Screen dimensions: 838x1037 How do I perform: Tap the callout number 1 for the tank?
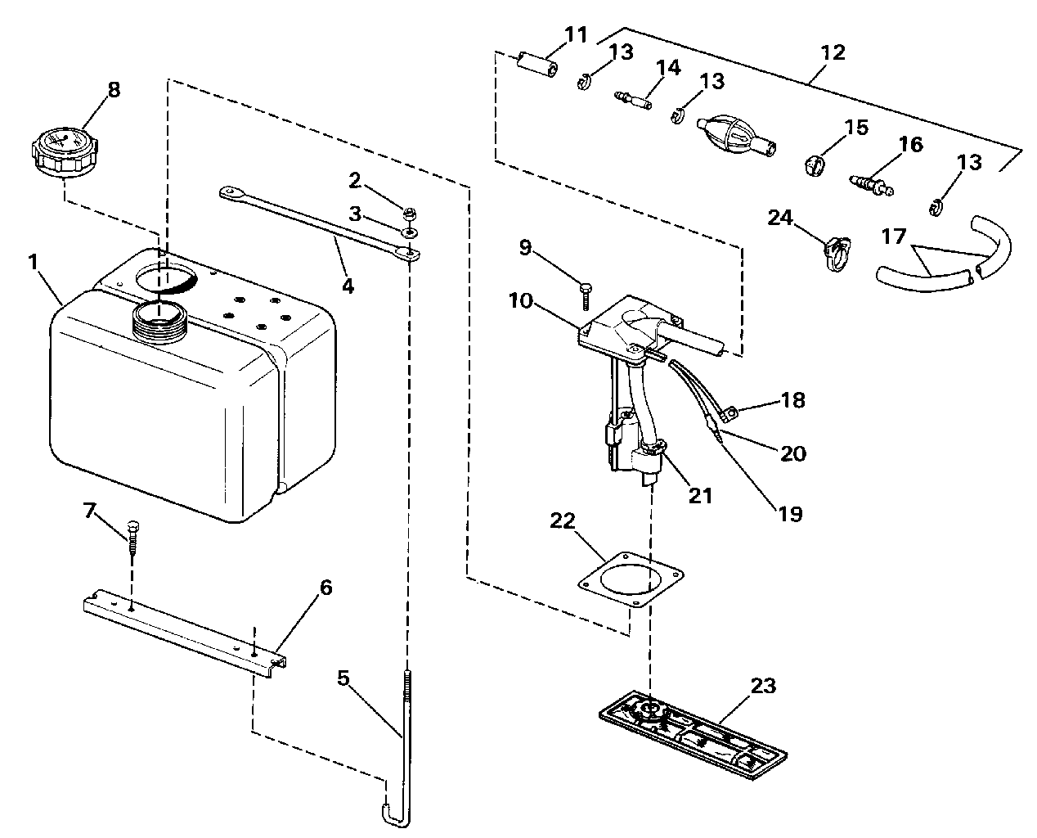point(33,264)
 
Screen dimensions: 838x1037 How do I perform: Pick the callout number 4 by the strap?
point(348,286)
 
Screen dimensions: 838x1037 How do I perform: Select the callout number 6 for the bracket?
point(325,588)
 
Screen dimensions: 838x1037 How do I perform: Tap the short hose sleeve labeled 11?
point(537,65)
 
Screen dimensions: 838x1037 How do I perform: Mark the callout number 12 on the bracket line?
point(833,54)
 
